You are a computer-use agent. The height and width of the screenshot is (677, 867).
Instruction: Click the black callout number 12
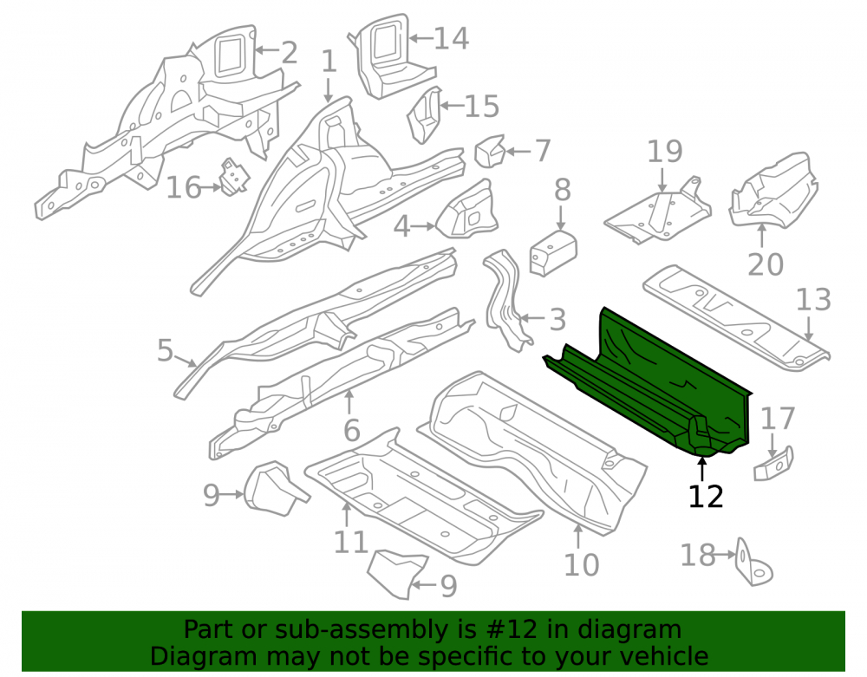706,497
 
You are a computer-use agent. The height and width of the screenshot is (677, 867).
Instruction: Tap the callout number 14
451,38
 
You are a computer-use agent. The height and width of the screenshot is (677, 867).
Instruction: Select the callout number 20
766,264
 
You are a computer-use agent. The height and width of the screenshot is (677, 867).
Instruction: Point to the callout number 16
184,188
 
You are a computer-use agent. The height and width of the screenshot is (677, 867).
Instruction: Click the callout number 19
665,152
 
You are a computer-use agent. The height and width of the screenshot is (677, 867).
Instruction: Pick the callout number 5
166,350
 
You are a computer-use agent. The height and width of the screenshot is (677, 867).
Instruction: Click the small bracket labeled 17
773,463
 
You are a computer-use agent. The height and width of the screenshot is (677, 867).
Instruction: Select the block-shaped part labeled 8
553,253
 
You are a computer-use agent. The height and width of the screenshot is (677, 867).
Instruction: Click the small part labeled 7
490,151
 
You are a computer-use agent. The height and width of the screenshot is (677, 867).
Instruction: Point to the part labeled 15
425,115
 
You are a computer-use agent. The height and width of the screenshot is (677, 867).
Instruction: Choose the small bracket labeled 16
234,178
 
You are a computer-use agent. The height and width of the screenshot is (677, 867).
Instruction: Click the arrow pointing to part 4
424,226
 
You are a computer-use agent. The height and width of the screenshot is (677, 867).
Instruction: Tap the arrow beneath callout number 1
329,90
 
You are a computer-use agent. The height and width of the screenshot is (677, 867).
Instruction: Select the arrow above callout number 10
577,536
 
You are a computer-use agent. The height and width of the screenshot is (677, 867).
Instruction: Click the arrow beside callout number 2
267,49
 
